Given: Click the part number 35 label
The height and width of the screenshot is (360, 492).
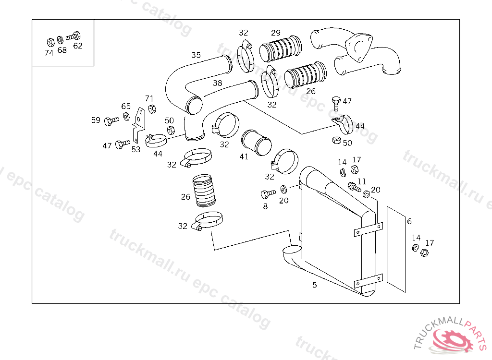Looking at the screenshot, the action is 196,55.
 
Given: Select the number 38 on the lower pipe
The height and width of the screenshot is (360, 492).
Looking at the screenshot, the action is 218,83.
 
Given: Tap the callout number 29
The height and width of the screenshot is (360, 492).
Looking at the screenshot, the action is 276,33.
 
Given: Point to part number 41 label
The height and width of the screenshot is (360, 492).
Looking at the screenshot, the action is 244,156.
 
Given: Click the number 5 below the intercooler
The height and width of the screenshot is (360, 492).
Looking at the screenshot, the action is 314,285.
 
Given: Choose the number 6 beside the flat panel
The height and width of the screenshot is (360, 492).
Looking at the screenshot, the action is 409,221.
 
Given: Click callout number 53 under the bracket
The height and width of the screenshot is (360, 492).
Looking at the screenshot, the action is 136,150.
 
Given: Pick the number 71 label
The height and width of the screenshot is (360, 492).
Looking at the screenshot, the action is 149,98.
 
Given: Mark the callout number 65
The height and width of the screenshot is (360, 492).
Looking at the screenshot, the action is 126,106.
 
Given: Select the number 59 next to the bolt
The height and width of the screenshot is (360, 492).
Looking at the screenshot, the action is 96,120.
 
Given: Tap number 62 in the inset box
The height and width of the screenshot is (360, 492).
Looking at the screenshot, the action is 78,46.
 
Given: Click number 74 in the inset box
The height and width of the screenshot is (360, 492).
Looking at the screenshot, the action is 49,53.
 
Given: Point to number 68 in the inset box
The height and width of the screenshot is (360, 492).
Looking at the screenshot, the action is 62,50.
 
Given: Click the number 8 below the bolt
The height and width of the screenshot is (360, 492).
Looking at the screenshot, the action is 265,206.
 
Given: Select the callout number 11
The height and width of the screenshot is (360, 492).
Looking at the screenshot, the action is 362,181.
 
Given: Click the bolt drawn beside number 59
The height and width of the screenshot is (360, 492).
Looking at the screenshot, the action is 111,121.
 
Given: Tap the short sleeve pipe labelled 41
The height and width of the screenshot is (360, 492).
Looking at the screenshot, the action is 257,143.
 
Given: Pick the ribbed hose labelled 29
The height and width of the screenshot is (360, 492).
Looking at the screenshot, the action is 281,49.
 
